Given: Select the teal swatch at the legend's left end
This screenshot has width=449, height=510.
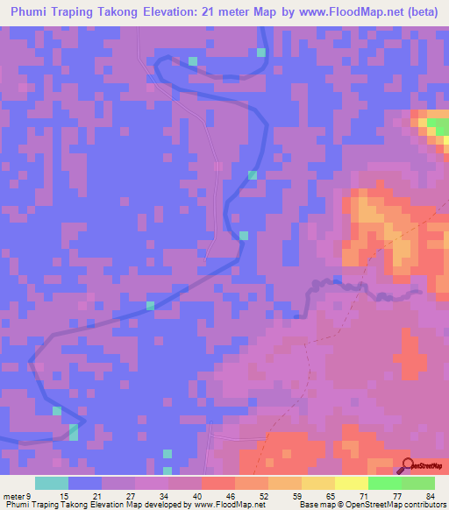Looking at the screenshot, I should coord(52,483).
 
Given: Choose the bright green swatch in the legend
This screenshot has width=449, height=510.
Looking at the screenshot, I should coord(385,483).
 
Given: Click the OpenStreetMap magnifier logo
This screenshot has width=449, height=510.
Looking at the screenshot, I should coord(409,466).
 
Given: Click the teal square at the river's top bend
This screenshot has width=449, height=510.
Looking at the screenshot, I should coord(192,61).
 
